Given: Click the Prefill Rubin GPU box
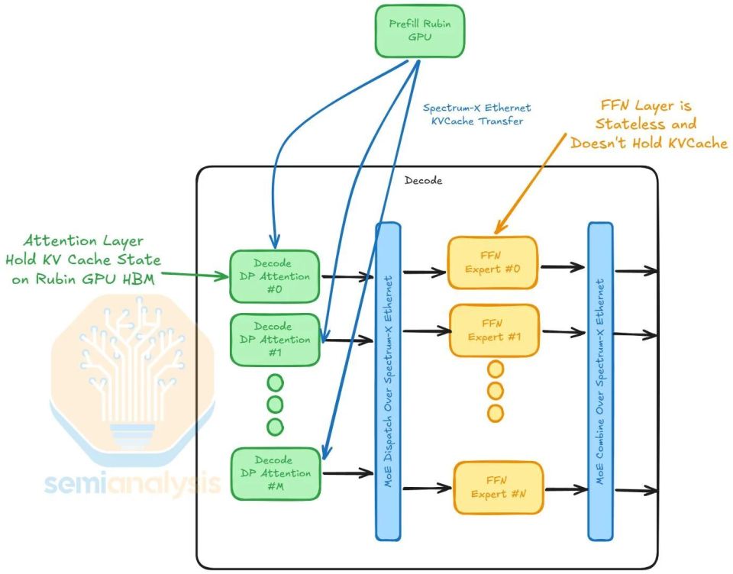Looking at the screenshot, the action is [x=420, y=31].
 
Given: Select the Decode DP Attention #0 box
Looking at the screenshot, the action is [x=274, y=276].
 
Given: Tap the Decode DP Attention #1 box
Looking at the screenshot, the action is [x=275, y=340].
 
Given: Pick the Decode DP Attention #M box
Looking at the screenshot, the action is [x=276, y=473].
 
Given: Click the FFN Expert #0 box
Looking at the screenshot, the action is [x=492, y=263].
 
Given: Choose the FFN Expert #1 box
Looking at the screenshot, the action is [x=494, y=331].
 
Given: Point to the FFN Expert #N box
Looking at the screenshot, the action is [x=499, y=488].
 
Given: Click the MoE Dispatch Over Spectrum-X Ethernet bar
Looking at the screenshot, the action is [x=388, y=382].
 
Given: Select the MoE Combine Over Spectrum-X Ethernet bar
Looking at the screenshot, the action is [x=600, y=382].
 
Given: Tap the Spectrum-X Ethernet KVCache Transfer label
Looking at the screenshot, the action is [x=476, y=114].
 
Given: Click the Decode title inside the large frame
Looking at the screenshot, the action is [x=423, y=180].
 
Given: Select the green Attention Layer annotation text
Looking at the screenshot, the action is [x=83, y=260].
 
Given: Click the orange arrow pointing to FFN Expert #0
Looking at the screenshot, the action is [x=530, y=183].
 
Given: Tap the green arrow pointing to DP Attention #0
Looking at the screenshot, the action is [x=195, y=275].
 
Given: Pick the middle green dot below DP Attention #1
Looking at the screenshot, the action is [x=275, y=405].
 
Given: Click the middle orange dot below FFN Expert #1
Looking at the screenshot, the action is [x=496, y=390].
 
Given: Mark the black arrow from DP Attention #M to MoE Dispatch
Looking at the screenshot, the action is [x=348, y=473].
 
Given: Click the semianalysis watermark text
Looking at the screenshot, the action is [x=133, y=483].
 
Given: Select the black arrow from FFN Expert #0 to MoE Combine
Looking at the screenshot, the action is [x=563, y=267].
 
